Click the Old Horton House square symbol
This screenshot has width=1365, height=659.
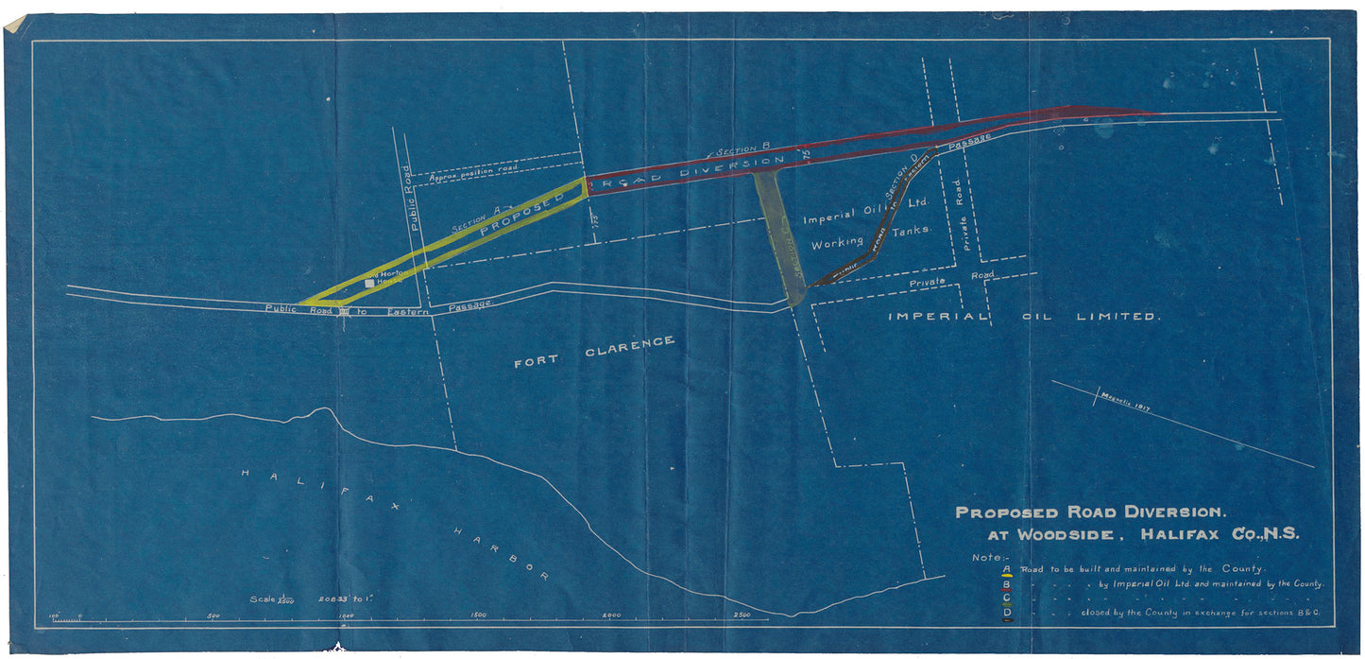(x=369, y=283)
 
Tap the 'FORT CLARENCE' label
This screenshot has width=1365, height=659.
(x=594, y=351)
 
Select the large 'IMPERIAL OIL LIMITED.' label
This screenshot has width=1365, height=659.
(x=1022, y=316)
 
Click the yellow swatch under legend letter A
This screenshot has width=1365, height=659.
(x=1007, y=574)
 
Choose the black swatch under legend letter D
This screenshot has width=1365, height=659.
(x=1007, y=620)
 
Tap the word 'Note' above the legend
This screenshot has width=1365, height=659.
(x=988, y=558)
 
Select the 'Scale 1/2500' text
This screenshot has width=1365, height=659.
(x=274, y=599)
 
